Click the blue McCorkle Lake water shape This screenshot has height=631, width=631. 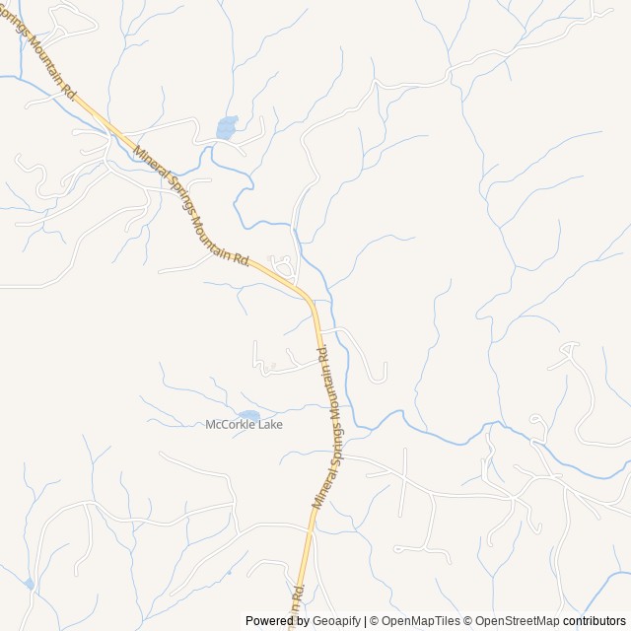(x=248, y=416)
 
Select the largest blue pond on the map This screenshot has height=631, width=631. (x=227, y=128)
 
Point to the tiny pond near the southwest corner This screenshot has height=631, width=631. (x=30, y=585)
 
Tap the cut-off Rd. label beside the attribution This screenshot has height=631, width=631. (x=296, y=598)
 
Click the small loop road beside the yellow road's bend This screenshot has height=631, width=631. (x=283, y=265)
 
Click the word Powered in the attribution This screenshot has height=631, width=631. (x=273, y=621)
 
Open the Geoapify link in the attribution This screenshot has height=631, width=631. (x=337, y=621)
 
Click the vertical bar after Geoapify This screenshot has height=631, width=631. (x=366, y=621)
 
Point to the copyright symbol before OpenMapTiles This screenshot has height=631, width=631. (x=376, y=621)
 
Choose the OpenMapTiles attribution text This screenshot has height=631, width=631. (x=421, y=621)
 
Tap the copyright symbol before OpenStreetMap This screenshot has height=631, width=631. (x=469, y=621)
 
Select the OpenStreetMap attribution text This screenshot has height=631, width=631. (x=518, y=621)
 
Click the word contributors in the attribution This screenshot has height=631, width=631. (x=595, y=621)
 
